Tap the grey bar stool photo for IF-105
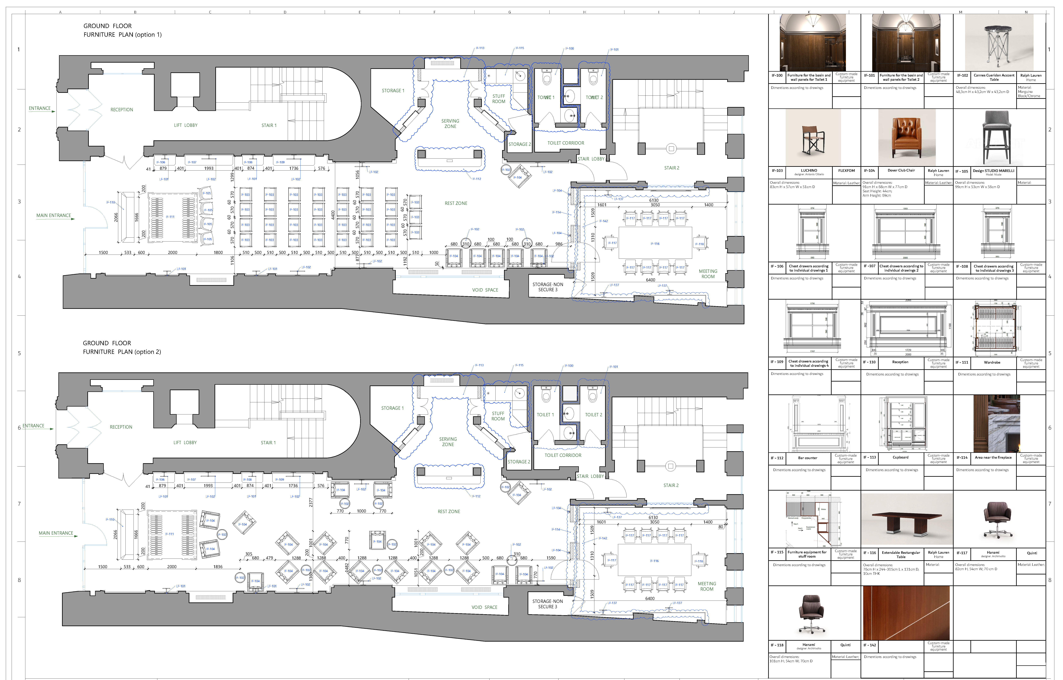click(x=997, y=137)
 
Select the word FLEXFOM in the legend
click(x=846, y=170)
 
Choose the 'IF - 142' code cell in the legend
click(x=870, y=645)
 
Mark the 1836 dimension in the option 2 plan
click(x=218, y=567)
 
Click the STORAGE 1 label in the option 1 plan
click(x=393, y=90)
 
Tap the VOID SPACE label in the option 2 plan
click(x=484, y=607)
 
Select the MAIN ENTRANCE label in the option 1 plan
click(x=54, y=216)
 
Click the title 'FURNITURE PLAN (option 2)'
click(x=122, y=352)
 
